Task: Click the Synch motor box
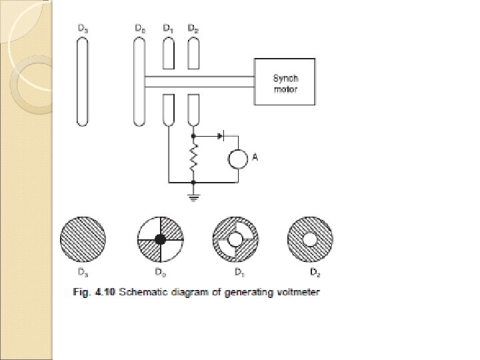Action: coord(285,81)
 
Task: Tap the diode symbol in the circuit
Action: coord(221,135)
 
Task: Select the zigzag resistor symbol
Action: coord(194,159)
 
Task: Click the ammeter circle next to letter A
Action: coord(237,159)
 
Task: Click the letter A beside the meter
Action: coord(254,157)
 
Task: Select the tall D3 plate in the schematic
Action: coord(81,81)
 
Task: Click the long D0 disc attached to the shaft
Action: coord(140,81)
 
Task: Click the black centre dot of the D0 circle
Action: coord(160,239)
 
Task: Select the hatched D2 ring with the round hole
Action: coord(310,239)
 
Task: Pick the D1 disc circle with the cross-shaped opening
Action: coord(235,239)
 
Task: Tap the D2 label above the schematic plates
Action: coord(193,29)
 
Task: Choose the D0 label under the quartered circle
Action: coord(159,272)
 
